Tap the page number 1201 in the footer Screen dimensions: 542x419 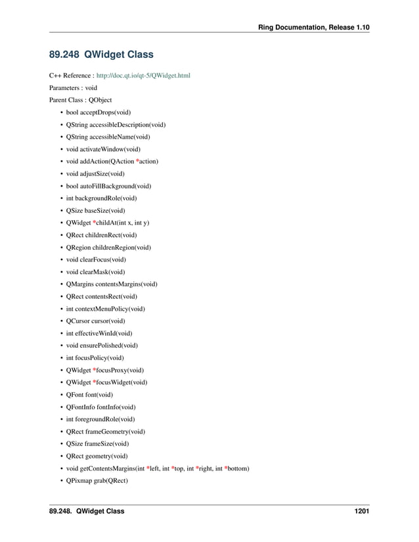point(359,511)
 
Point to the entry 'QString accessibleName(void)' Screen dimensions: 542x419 point(108,137)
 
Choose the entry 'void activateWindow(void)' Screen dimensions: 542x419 point(103,149)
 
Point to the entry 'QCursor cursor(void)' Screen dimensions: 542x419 point(95,321)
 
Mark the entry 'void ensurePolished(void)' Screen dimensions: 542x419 point(102,346)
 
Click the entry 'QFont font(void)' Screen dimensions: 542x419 point(89,395)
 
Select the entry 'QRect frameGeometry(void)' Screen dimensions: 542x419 point(105,432)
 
